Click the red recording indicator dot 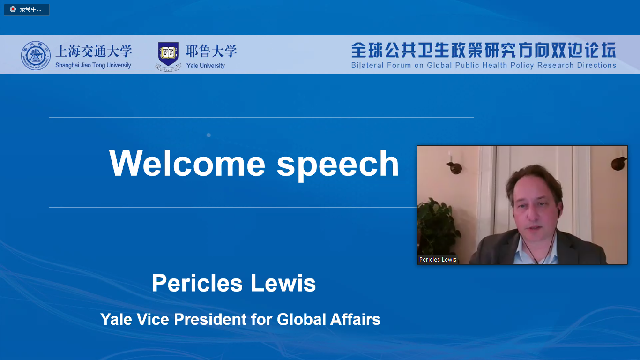click(13, 9)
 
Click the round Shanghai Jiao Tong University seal click(36, 55)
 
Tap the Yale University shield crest click(168, 53)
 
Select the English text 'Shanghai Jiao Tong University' click(93, 66)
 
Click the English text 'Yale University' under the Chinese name click(206, 66)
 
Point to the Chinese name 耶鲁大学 click(211, 51)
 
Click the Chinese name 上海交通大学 click(94, 51)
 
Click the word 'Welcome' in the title click(187, 164)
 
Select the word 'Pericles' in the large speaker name click(197, 283)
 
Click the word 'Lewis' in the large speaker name click(283, 283)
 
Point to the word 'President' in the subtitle click(210, 319)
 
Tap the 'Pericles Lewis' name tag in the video click(438, 259)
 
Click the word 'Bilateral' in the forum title click(367, 66)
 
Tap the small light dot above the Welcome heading click(208, 135)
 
